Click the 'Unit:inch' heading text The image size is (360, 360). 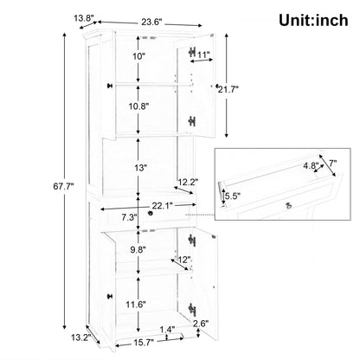313,21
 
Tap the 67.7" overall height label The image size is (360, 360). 63,187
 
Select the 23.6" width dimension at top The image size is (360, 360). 151,22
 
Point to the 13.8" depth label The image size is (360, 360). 85,18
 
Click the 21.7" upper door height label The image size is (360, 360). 228,89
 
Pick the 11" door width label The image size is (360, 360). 203,55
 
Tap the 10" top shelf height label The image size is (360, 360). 139,56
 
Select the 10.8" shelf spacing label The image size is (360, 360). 138,106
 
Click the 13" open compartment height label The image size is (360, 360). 140,168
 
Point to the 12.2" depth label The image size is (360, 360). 188,182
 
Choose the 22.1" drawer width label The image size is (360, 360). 163,205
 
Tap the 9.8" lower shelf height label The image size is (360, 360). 138,249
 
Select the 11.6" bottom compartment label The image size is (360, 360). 136,304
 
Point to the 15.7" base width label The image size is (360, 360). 144,343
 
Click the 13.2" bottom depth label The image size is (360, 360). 81,337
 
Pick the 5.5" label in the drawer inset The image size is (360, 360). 233,196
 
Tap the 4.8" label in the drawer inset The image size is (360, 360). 311,166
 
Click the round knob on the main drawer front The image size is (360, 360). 150,214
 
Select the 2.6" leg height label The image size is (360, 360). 201,324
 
